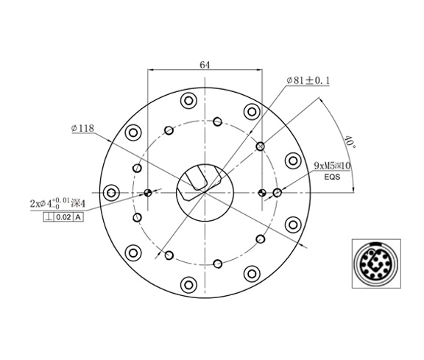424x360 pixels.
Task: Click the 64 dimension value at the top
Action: coord(205,65)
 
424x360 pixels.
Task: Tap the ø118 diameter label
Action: coord(82,128)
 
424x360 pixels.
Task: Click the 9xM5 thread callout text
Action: coord(332,166)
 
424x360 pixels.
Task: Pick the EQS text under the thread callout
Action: coord(331,177)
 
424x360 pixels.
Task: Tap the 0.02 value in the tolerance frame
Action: coord(63,216)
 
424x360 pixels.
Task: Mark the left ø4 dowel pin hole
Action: coord(149,193)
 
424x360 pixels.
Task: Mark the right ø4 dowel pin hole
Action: coord(263,193)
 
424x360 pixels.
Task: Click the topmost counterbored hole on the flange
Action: coord(188,100)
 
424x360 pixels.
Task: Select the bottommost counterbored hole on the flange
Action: coord(188,283)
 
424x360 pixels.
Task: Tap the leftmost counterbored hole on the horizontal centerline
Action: coord(112,192)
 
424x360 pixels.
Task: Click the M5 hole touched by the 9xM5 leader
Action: coord(277,193)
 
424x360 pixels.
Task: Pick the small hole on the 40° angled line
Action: coord(260,147)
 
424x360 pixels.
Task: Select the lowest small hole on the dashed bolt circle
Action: coord(218,263)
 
